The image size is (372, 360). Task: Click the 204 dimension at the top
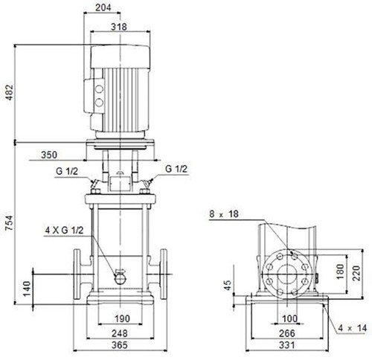coord(103,7)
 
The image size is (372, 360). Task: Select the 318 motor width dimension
coord(119,27)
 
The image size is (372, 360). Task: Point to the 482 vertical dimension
coord(10,92)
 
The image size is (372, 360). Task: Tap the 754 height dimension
coord(10,223)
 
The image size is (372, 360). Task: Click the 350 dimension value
coord(49,155)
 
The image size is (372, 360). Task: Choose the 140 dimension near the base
coord(27,289)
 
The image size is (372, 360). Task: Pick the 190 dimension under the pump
coord(122,318)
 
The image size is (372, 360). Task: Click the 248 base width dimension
coord(120,333)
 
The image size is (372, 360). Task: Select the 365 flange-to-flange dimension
coord(119,345)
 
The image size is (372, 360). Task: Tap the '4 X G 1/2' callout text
coord(64,231)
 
